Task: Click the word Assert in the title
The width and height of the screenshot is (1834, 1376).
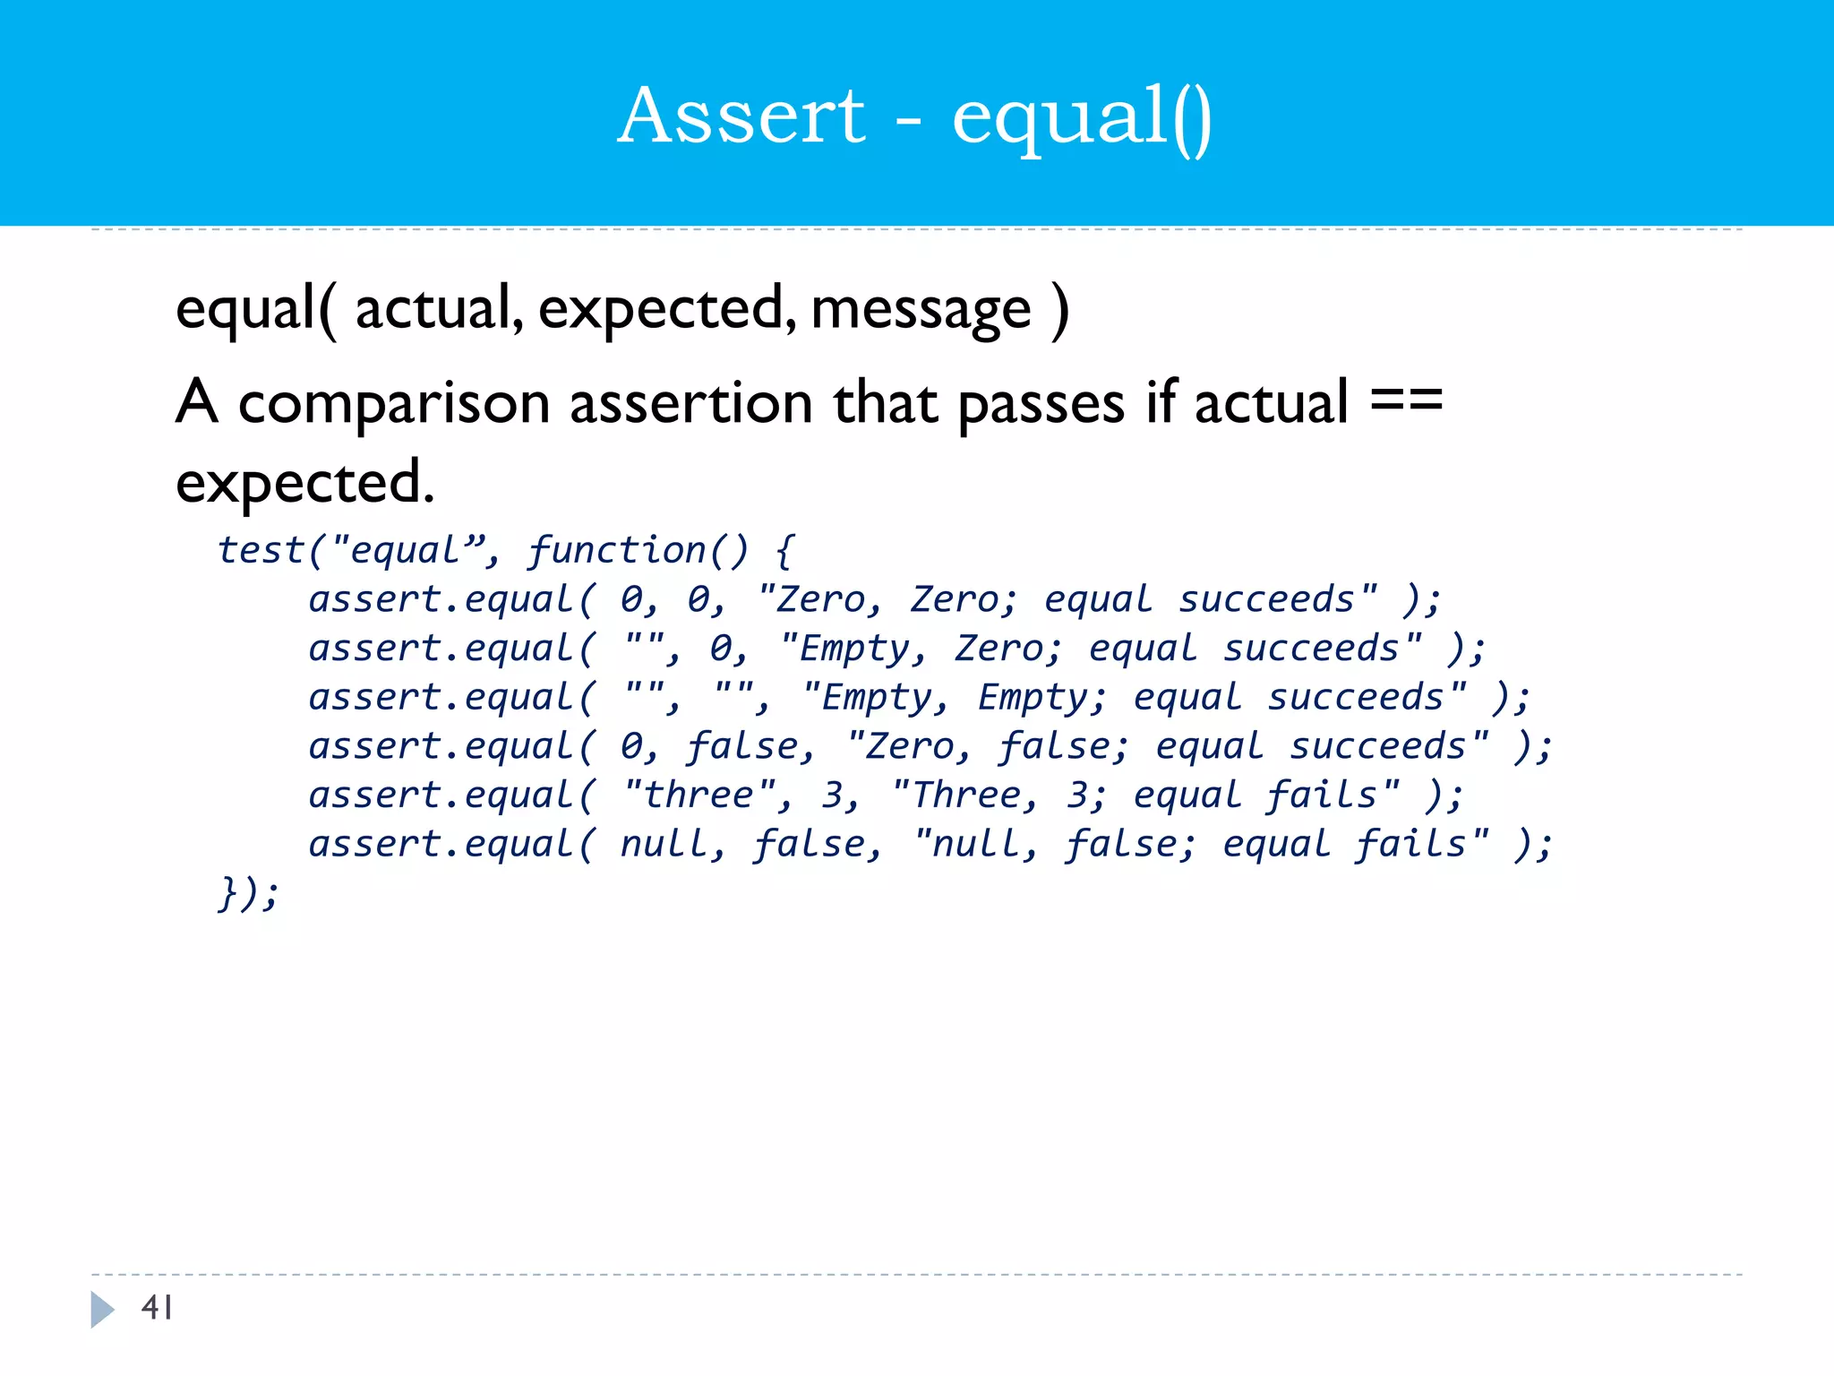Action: (741, 116)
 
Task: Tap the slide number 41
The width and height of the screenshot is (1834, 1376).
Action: (157, 1308)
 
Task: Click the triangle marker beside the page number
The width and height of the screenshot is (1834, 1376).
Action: (102, 1309)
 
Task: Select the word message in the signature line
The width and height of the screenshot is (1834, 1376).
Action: (921, 309)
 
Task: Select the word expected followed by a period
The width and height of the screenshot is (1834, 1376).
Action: (304, 484)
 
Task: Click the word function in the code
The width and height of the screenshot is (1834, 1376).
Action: (617, 550)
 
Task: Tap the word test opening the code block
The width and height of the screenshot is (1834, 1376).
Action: (261, 550)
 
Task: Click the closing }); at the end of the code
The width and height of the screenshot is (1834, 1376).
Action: (248, 893)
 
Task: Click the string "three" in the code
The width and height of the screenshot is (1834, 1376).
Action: (700, 795)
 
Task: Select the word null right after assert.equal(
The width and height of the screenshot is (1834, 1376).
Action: (663, 844)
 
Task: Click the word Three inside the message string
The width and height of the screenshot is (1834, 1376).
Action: (965, 795)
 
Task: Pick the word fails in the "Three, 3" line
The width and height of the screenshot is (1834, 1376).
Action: (1322, 795)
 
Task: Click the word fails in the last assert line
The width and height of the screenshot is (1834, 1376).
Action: (1410, 844)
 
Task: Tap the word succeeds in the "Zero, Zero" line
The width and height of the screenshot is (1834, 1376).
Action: (1265, 599)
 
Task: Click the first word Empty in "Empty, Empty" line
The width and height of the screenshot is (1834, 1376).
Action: (865, 698)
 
